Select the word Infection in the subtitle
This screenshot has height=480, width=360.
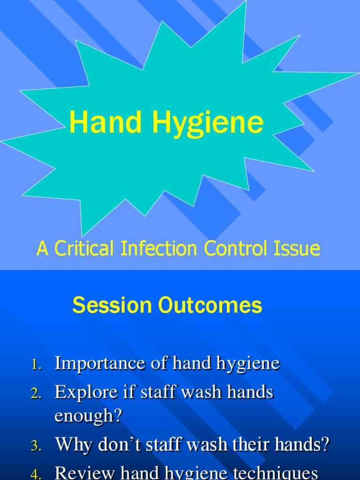point(159,248)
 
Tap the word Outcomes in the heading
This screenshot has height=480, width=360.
point(210,306)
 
